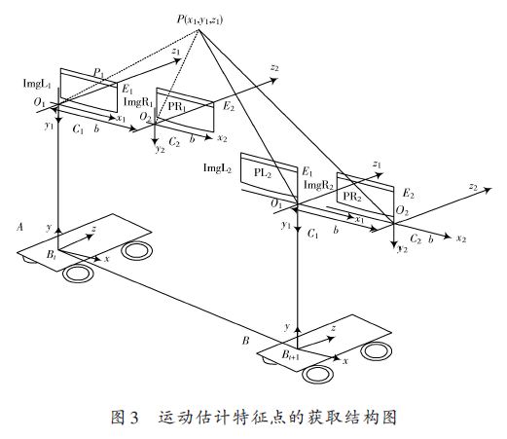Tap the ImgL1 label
point(37,85)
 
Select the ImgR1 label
point(138,102)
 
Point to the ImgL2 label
point(217,168)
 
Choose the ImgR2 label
point(318,186)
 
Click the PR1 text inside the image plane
point(177,107)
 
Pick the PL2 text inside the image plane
point(262,173)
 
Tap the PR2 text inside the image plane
point(352,197)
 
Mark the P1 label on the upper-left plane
point(99,73)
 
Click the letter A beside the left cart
point(20,227)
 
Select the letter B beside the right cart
point(245,341)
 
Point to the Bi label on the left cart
point(52,255)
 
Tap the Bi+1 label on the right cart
point(290,355)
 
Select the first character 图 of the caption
point(118,418)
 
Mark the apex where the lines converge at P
point(199,30)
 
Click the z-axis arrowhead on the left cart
point(91,236)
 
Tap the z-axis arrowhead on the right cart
point(331,339)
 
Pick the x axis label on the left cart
point(107,259)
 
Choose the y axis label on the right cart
point(287,326)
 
